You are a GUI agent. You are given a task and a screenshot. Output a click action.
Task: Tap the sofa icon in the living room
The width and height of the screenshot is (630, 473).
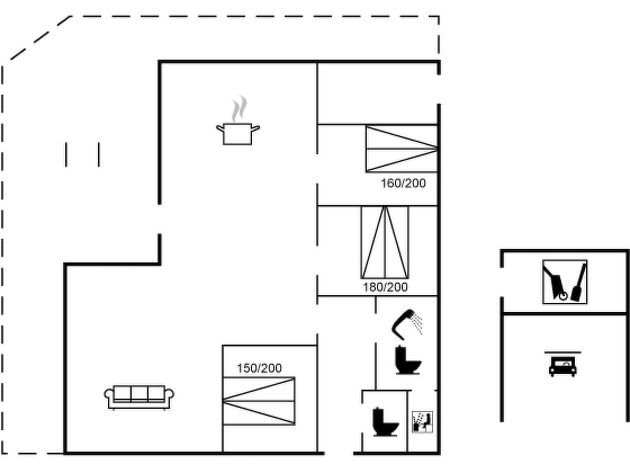click(139, 397)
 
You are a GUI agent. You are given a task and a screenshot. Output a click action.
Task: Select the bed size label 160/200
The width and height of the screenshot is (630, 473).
click(403, 183)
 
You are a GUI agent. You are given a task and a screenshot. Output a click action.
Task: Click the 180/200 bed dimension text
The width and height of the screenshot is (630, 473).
click(385, 287)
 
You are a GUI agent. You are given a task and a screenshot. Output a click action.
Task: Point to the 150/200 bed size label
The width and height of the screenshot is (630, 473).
click(259, 368)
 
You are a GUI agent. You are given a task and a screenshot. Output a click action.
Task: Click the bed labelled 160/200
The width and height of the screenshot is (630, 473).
click(402, 149)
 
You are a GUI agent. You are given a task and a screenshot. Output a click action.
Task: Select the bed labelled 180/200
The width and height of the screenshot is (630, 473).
click(385, 242)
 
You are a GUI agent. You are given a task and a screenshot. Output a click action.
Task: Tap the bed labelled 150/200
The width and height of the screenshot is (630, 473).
click(259, 401)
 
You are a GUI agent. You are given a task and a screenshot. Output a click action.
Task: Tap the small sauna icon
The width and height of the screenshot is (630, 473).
click(422, 422)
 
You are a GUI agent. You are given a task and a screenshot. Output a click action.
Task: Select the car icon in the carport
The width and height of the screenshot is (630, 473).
click(563, 366)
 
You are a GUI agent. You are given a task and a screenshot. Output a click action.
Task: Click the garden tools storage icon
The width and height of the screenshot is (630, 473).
click(565, 282)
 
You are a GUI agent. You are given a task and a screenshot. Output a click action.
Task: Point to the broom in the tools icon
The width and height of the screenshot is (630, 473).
click(579, 282)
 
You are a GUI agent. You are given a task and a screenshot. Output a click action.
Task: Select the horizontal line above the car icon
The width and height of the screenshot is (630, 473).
click(563, 352)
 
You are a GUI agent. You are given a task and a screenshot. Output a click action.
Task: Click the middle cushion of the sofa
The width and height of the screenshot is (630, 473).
click(139, 393)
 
